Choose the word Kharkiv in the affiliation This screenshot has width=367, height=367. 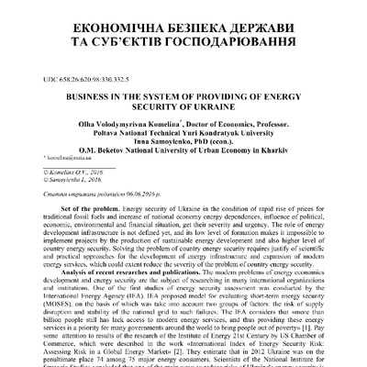pyautogui.click(x=275, y=158)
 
